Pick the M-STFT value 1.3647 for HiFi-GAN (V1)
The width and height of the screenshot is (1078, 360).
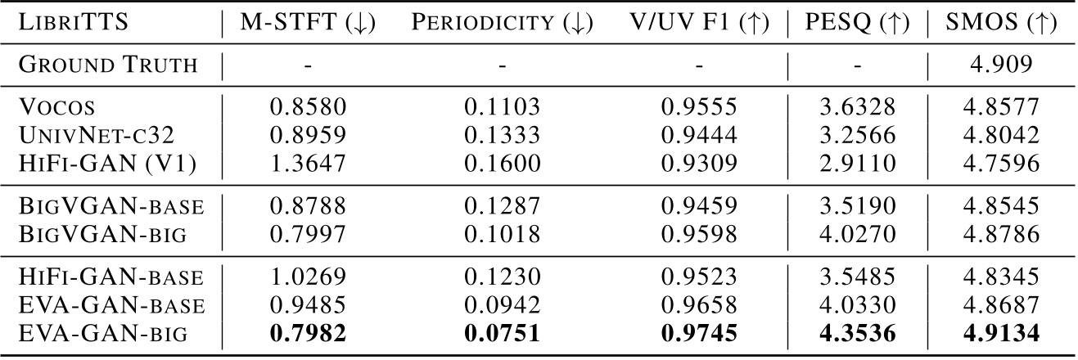pos(307,163)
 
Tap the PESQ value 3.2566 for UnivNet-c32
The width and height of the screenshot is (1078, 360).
pos(856,134)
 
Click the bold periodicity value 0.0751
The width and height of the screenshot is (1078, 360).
pos(502,335)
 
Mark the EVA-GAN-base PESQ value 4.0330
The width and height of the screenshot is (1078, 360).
pos(856,306)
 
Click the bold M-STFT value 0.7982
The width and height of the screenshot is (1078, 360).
pos(307,335)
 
